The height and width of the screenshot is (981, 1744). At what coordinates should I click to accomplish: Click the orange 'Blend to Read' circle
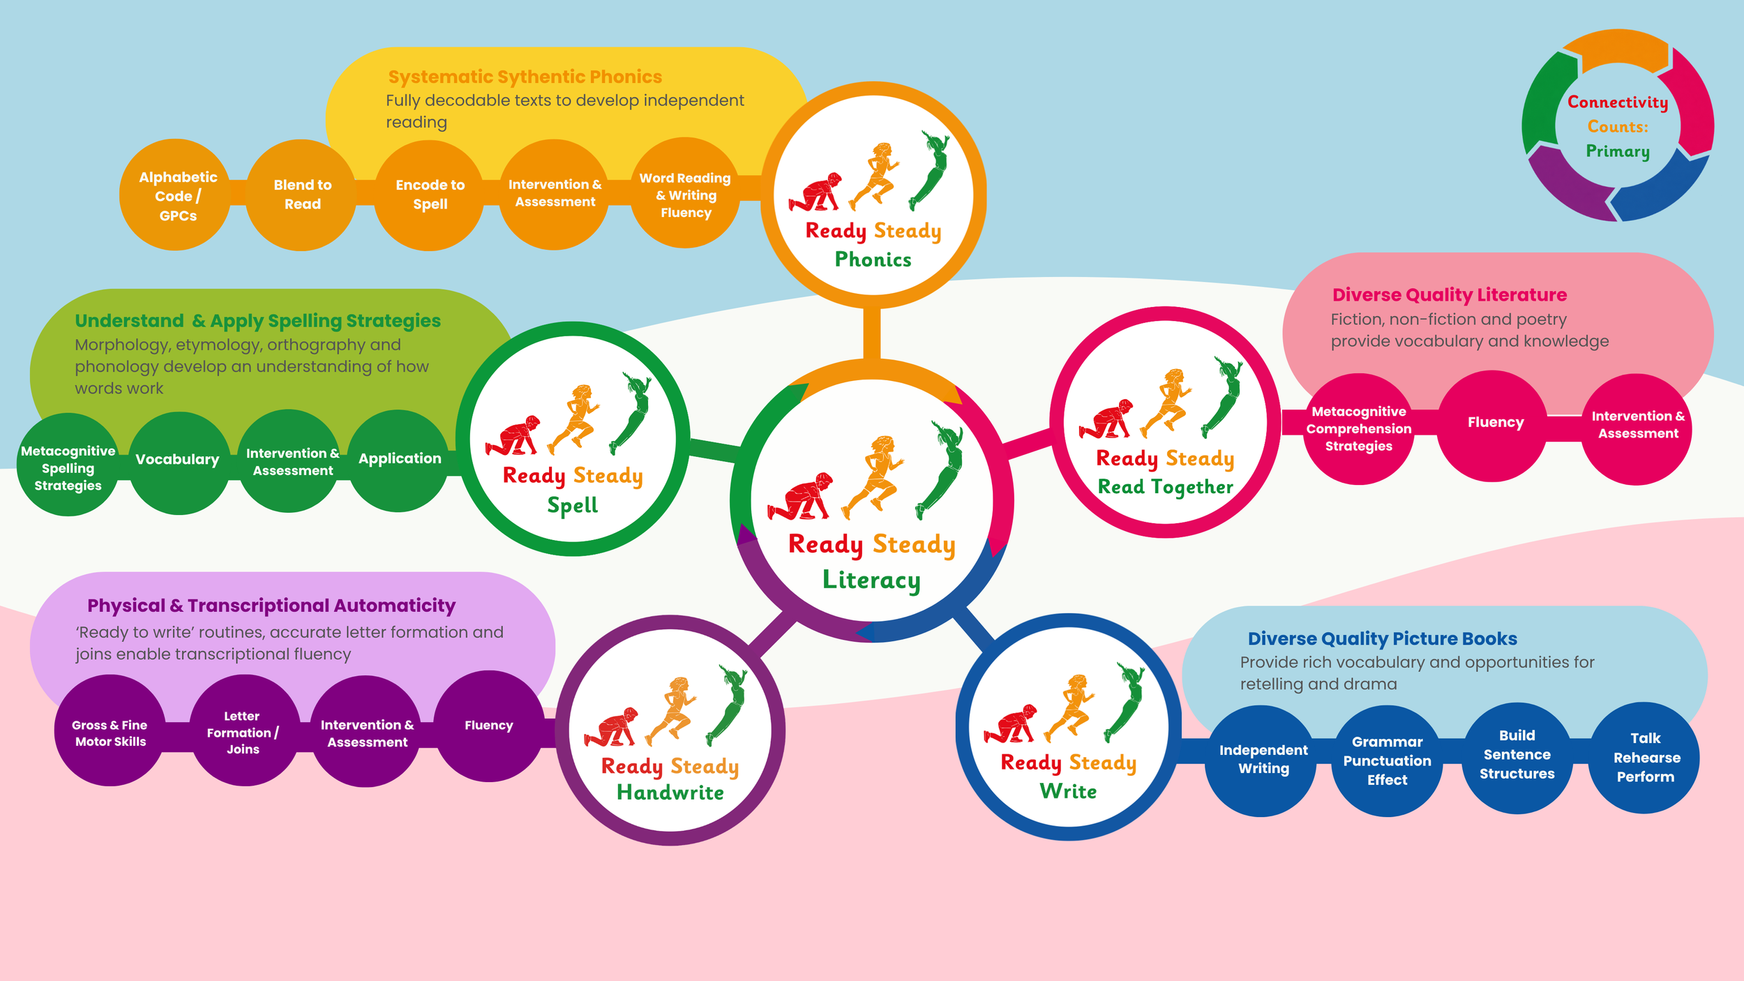tap(301, 195)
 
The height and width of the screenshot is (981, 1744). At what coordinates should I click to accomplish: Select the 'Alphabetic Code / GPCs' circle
tap(175, 195)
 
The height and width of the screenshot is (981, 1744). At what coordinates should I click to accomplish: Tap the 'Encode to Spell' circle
tap(429, 195)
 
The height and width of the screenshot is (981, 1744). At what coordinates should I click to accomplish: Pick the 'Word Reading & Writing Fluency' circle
tap(686, 193)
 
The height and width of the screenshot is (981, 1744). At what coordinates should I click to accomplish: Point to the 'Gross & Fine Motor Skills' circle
tap(110, 731)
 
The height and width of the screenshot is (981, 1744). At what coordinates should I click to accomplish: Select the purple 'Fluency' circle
tap(490, 726)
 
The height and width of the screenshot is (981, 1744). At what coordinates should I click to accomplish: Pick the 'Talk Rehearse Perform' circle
tap(1644, 758)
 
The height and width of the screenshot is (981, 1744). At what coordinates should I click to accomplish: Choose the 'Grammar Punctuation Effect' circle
tap(1387, 761)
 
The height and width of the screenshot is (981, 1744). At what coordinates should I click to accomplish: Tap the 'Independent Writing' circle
tap(1261, 761)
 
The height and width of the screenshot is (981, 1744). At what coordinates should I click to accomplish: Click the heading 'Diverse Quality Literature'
tap(1449, 295)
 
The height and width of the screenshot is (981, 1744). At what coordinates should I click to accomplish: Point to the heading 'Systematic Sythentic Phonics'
tap(525, 77)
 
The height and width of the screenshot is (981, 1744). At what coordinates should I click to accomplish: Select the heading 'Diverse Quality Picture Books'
tap(1382, 638)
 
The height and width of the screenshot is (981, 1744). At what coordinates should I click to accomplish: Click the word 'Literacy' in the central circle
tap(871, 580)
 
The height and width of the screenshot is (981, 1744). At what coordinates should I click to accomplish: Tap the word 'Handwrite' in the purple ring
tap(670, 793)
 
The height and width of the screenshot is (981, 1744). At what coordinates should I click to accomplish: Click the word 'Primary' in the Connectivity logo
tap(1618, 151)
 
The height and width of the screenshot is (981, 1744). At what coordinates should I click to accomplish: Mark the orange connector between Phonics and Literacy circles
tap(872, 334)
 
